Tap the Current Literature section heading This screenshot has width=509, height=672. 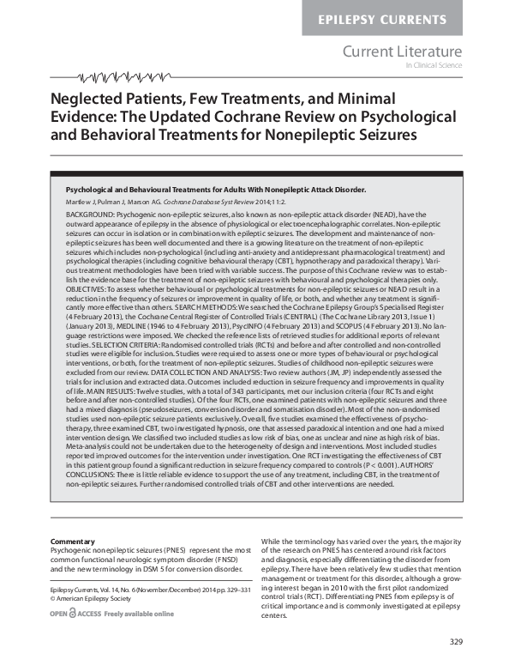pos(402,52)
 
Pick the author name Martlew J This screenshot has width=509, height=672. pos(81,200)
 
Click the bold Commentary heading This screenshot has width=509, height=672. pos(72,542)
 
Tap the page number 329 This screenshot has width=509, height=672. pos(455,642)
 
